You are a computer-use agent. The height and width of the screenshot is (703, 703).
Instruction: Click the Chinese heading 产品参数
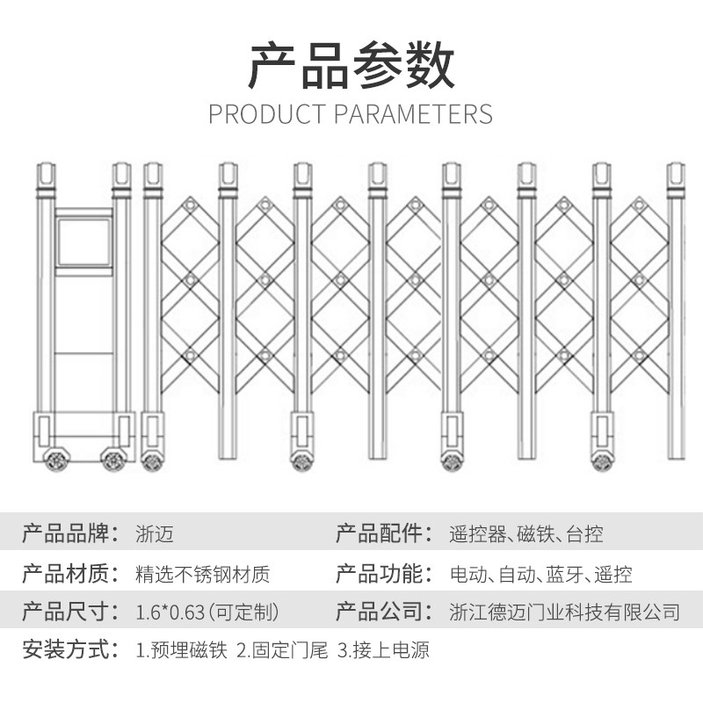click(x=351, y=66)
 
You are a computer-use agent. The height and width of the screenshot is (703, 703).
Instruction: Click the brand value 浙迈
click(x=156, y=533)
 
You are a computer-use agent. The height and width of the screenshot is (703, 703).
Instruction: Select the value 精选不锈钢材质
click(x=203, y=576)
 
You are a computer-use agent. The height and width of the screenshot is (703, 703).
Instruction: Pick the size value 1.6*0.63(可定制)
click(x=208, y=612)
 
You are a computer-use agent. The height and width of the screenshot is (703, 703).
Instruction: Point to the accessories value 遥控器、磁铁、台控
click(x=525, y=533)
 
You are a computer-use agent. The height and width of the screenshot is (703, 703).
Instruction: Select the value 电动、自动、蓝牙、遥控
click(x=540, y=576)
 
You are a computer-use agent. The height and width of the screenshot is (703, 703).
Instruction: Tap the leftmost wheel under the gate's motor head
click(x=56, y=459)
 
